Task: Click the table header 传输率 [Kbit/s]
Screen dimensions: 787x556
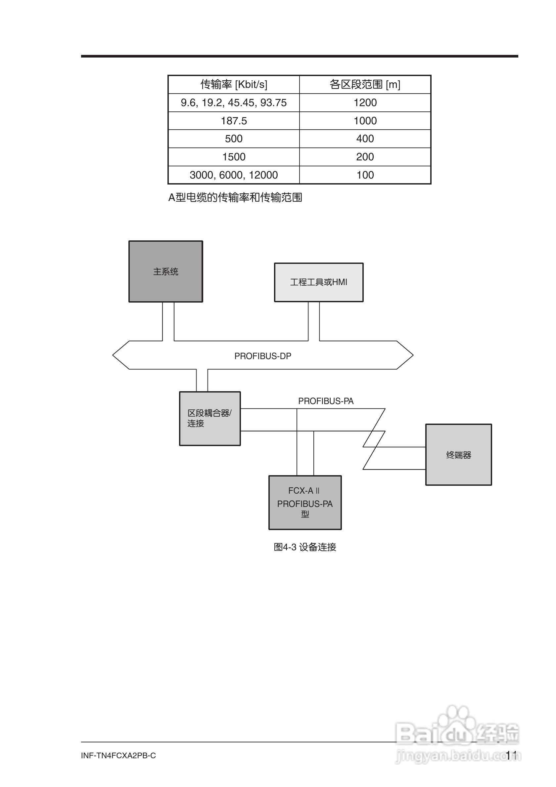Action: pos(234,84)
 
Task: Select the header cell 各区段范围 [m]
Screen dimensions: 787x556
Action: pos(365,84)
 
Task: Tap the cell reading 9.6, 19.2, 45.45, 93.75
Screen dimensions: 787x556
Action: pos(234,103)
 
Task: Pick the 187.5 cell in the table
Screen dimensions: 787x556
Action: pos(234,121)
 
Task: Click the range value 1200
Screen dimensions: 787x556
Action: pos(365,103)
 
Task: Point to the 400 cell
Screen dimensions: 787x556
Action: pos(365,139)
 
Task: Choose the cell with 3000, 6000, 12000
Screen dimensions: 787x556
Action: pos(234,175)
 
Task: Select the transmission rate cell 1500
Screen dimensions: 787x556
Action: pos(234,157)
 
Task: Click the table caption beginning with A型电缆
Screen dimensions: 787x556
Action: pos(235,197)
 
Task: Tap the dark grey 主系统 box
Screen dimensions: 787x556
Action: pos(166,271)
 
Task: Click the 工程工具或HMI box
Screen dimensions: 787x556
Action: pos(319,282)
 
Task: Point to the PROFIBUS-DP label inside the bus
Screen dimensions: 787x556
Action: pos(263,356)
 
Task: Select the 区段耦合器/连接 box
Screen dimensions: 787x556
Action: pos(209,419)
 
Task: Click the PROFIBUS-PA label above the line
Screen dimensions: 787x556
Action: pos(326,401)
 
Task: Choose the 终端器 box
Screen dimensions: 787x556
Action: pos(459,455)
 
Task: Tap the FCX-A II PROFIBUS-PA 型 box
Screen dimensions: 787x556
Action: pos(305,503)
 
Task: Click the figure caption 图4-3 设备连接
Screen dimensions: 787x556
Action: pos(305,547)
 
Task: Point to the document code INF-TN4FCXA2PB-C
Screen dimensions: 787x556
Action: pos(118,756)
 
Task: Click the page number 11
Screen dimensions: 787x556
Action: pos(511,755)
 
